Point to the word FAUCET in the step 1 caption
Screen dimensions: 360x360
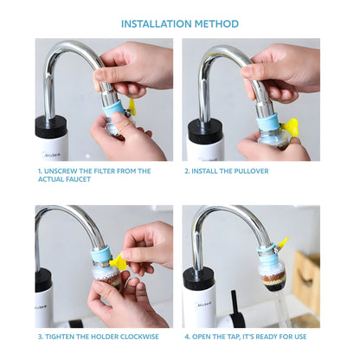click(x=80, y=180)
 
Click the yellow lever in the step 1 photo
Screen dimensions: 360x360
click(x=132, y=106)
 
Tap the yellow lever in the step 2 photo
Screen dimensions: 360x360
click(x=291, y=127)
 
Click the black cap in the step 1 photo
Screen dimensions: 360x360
click(x=51, y=126)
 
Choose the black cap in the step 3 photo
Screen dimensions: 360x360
click(x=43, y=280)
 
